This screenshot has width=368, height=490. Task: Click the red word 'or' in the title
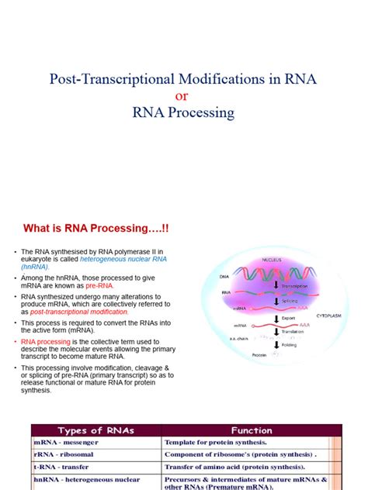[x=183, y=95]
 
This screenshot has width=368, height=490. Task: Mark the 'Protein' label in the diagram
[x=259, y=355]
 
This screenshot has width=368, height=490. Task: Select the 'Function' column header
[x=251, y=430]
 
